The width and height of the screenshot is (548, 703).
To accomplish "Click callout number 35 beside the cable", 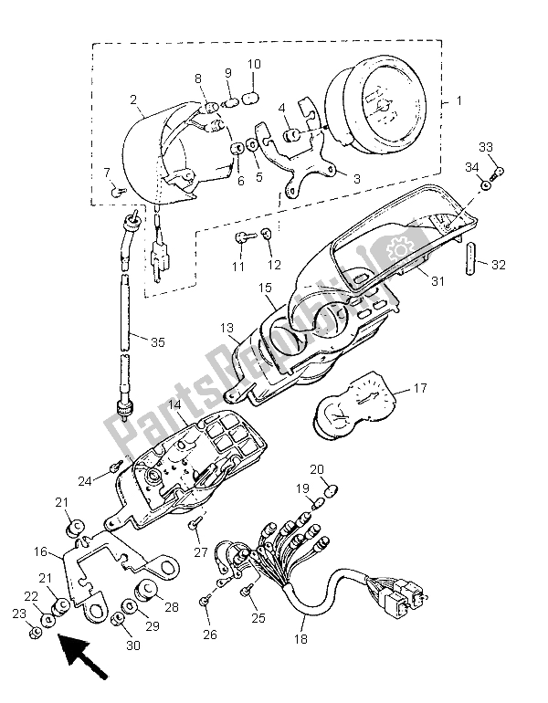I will (x=158, y=342).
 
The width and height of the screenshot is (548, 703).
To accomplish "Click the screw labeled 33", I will (x=497, y=171).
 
